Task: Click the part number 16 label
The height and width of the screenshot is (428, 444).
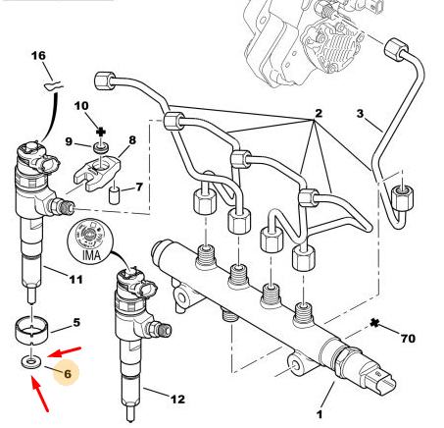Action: (38, 56)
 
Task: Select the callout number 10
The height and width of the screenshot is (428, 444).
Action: (81, 106)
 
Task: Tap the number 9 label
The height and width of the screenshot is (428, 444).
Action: (69, 141)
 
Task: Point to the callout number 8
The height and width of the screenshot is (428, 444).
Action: (132, 140)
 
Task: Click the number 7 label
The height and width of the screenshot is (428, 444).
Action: (139, 187)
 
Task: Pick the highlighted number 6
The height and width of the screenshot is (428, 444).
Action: (68, 374)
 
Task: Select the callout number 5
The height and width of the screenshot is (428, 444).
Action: (76, 322)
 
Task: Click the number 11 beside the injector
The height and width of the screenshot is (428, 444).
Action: (75, 280)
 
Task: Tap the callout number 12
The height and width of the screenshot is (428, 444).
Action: (177, 399)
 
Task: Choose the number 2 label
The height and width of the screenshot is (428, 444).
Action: (319, 113)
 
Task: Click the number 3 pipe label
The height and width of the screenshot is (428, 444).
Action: (360, 114)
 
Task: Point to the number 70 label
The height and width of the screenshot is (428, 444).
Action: (408, 338)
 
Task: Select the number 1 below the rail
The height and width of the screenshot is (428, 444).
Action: (320, 414)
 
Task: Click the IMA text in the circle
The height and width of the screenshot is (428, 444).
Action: (91, 255)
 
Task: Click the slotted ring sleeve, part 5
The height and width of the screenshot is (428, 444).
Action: (32, 331)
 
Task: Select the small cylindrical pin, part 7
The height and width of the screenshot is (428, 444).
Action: (114, 195)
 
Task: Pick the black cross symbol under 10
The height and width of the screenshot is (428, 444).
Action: (101, 133)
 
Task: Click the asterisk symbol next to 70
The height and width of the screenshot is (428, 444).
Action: (374, 323)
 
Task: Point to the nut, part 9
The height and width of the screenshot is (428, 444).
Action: (101, 147)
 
